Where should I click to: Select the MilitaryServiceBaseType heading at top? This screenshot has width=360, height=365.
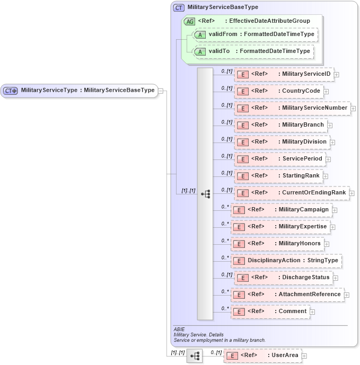tap(223, 7)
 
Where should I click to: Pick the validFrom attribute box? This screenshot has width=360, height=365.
tap(255, 34)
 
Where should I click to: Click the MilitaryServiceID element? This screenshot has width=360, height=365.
tap(284, 74)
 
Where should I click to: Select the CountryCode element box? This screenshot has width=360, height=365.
tap(279, 91)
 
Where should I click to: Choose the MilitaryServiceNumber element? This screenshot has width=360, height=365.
tap(292, 108)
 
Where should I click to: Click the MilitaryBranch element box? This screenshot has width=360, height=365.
tap(280, 125)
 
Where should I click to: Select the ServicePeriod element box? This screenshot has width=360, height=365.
tap(279, 159)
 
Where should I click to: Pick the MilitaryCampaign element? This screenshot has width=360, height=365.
tap(282, 210)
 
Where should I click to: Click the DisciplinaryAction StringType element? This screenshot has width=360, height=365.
tap(286, 261)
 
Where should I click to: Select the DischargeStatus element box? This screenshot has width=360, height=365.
tap(283, 278)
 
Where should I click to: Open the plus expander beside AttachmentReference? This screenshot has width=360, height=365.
tap(347, 295)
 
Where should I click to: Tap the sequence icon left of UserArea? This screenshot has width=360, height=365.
tap(195, 357)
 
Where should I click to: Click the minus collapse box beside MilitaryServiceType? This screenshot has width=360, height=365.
tap(161, 91)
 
